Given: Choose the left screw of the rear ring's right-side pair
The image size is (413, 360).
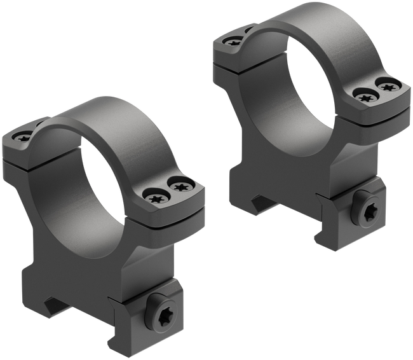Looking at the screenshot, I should pyautogui.click(x=365, y=95).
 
